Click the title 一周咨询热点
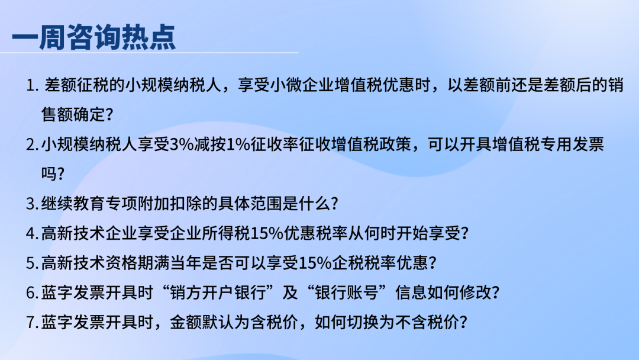pyautogui.click(x=93, y=37)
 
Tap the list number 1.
pyautogui.click(x=30, y=86)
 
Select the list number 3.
pyautogui.click(x=31, y=204)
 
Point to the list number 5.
pyautogui.click(x=31, y=263)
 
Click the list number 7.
pyautogui.click(x=31, y=323)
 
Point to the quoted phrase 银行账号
pyautogui.click(x=347, y=292)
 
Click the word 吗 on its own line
pyautogui.click(x=49, y=173)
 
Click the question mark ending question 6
pyautogui.click(x=495, y=292)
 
